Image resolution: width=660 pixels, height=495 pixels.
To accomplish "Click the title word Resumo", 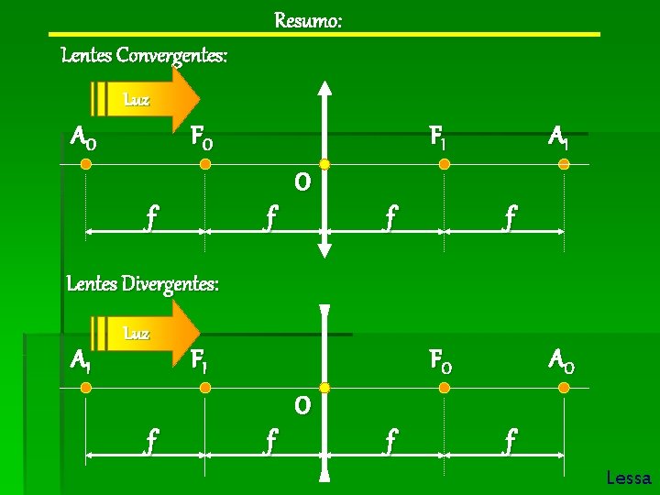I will (x=308, y=19).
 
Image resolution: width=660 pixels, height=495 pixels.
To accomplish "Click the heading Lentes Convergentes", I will (x=144, y=56).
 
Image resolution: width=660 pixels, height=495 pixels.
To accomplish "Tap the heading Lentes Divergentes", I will (x=143, y=283).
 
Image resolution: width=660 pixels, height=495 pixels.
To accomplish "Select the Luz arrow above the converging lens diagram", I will (x=147, y=98).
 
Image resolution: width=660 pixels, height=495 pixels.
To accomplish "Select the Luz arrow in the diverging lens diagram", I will (x=147, y=334).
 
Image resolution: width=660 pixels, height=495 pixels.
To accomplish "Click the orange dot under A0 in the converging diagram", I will (x=85, y=164).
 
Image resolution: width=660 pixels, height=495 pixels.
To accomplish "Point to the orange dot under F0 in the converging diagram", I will (x=205, y=164).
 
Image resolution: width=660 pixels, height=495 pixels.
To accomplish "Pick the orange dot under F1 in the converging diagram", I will (x=444, y=164).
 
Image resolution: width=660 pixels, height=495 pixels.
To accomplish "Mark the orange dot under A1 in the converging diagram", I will (x=564, y=164).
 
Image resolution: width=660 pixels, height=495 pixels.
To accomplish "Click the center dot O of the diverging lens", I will (x=324, y=388).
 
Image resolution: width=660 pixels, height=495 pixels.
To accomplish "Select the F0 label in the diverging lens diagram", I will (x=440, y=361).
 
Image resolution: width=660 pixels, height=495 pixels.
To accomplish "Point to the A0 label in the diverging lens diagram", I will (x=561, y=361).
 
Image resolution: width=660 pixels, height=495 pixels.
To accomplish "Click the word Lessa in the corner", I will (x=628, y=478).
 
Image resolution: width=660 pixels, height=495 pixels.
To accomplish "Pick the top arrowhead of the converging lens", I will (x=324, y=88).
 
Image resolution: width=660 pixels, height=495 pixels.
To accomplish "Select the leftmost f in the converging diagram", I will (x=151, y=218).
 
